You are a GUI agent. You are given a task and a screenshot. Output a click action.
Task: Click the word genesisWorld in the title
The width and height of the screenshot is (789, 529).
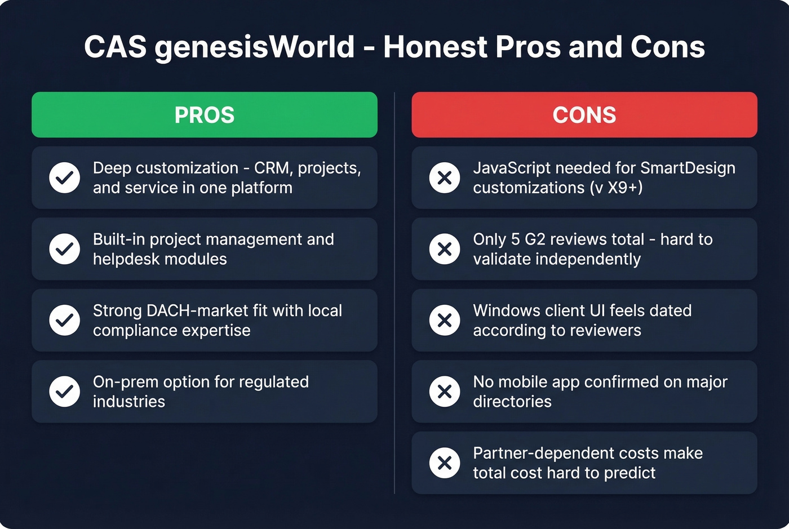[254, 47]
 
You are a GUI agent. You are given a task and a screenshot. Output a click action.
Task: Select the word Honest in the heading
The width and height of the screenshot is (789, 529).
[436, 47]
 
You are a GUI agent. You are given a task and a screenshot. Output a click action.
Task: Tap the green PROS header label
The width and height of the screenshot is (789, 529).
[205, 115]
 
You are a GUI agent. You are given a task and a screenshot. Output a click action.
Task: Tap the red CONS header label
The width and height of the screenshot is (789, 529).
[584, 115]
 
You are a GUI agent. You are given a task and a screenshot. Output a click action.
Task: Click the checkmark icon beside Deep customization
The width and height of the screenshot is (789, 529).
[65, 177]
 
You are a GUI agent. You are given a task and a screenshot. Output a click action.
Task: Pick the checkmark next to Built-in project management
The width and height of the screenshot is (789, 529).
[65, 249]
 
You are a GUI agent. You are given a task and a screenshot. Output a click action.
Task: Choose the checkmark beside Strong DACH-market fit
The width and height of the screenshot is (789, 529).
[65, 320]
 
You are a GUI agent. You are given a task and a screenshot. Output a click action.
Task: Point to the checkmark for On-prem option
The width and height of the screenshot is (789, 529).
[65, 392]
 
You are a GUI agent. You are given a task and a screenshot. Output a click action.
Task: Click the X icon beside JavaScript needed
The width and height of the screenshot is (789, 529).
[445, 177]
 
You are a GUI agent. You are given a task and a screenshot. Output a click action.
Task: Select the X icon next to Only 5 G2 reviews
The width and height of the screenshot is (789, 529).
[445, 249]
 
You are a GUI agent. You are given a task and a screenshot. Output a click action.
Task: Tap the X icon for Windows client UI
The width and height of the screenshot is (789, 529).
[445, 320]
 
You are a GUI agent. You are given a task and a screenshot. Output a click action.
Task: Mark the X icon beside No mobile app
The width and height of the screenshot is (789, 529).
[445, 392]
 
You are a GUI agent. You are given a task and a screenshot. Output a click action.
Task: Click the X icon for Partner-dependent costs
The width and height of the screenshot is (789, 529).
[445, 463]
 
